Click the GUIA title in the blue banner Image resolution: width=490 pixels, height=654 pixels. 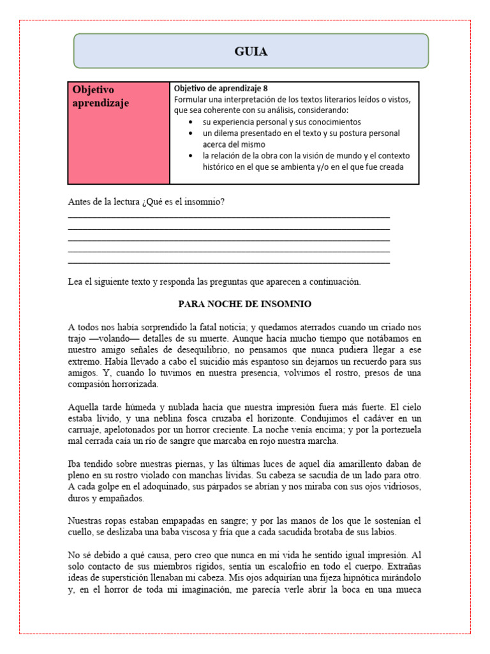point(250,52)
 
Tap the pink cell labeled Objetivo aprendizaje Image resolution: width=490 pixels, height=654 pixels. point(118,133)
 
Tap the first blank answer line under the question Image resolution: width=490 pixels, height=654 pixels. point(228,218)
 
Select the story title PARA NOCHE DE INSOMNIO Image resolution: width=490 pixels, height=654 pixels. point(244,304)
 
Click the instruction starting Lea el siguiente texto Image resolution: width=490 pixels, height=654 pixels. point(214,282)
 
